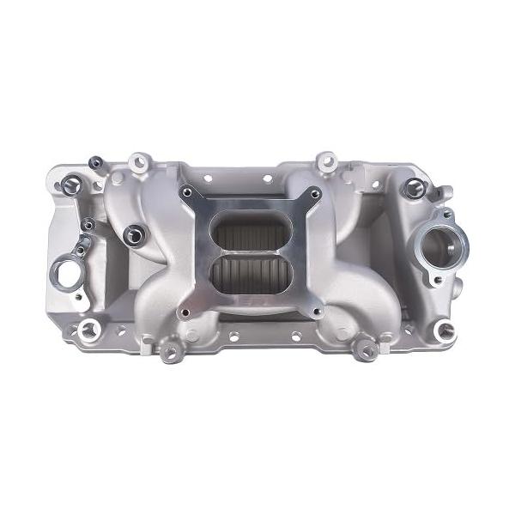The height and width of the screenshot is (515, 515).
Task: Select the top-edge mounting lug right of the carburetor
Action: [x=325, y=160]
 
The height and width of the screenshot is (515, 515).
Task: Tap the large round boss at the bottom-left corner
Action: [x=87, y=328]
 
